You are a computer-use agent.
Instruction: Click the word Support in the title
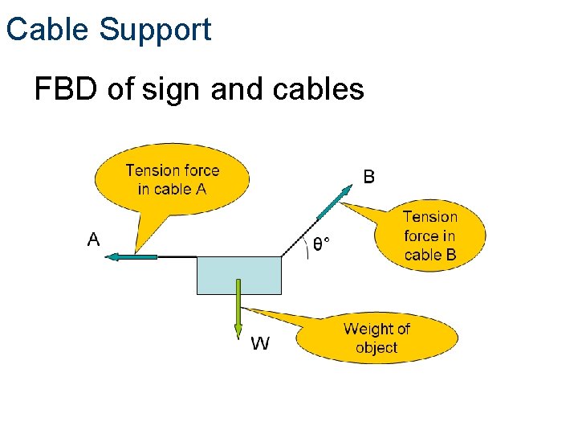(x=155, y=31)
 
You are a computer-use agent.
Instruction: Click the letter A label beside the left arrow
(x=93, y=239)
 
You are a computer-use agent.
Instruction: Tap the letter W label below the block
(x=260, y=344)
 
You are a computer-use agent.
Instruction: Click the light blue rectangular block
(x=239, y=275)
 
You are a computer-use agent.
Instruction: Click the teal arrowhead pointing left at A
(x=113, y=256)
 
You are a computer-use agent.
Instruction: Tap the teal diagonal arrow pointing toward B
(x=336, y=202)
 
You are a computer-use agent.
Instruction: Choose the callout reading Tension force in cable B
(x=430, y=235)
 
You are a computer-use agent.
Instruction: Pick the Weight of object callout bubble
(x=376, y=338)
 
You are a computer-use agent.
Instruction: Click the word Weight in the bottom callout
(x=377, y=329)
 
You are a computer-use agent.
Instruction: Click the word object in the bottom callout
(x=377, y=348)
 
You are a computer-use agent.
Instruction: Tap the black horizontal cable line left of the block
(x=177, y=256)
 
